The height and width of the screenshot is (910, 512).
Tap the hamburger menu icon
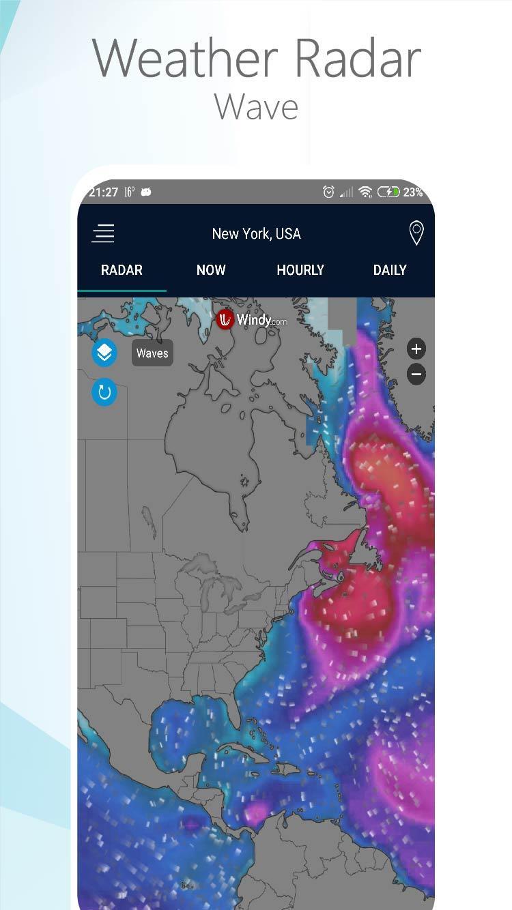pyautogui.click(x=103, y=233)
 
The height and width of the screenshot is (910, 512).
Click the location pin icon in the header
pyautogui.click(x=416, y=233)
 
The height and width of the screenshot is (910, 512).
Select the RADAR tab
pyautogui.click(x=122, y=270)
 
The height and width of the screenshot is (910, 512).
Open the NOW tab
pyautogui.click(x=211, y=270)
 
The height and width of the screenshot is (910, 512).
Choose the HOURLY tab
pyautogui.click(x=300, y=270)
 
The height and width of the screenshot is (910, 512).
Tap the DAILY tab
pyautogui.click(x=390, y=270)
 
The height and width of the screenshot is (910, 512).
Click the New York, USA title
pyautogui.click(x=256, y=233)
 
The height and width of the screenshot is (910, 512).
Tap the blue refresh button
pyautogui.click(x=104, y=392)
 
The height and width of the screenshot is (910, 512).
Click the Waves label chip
pyautogui.click(x=152, y=353)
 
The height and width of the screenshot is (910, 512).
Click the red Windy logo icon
pyautogui.click(x=225, y=319)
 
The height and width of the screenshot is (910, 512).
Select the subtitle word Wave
pyautogui.click(x=256, y=106)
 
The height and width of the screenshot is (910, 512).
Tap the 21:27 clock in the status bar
pyautogui.click(x=103, y=192)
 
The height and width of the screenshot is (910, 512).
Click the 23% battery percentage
pyautogui.click(x=412, y=192)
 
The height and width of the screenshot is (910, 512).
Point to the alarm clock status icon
pyautogui.click(x=328, y=192)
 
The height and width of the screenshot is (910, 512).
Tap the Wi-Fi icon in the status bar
pyautogui.click(x=366, y=192)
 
